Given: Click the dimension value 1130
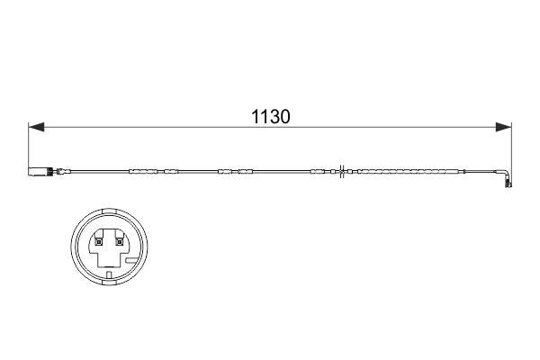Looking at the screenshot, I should click(270, 118).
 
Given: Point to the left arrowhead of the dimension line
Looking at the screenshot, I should click(34, 129).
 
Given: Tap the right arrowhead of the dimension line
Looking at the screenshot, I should click(508, 129).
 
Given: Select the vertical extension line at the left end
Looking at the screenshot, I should click(29, 148).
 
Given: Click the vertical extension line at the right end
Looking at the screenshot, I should click(513, 148).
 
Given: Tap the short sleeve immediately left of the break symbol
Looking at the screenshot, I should click(319, 170).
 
